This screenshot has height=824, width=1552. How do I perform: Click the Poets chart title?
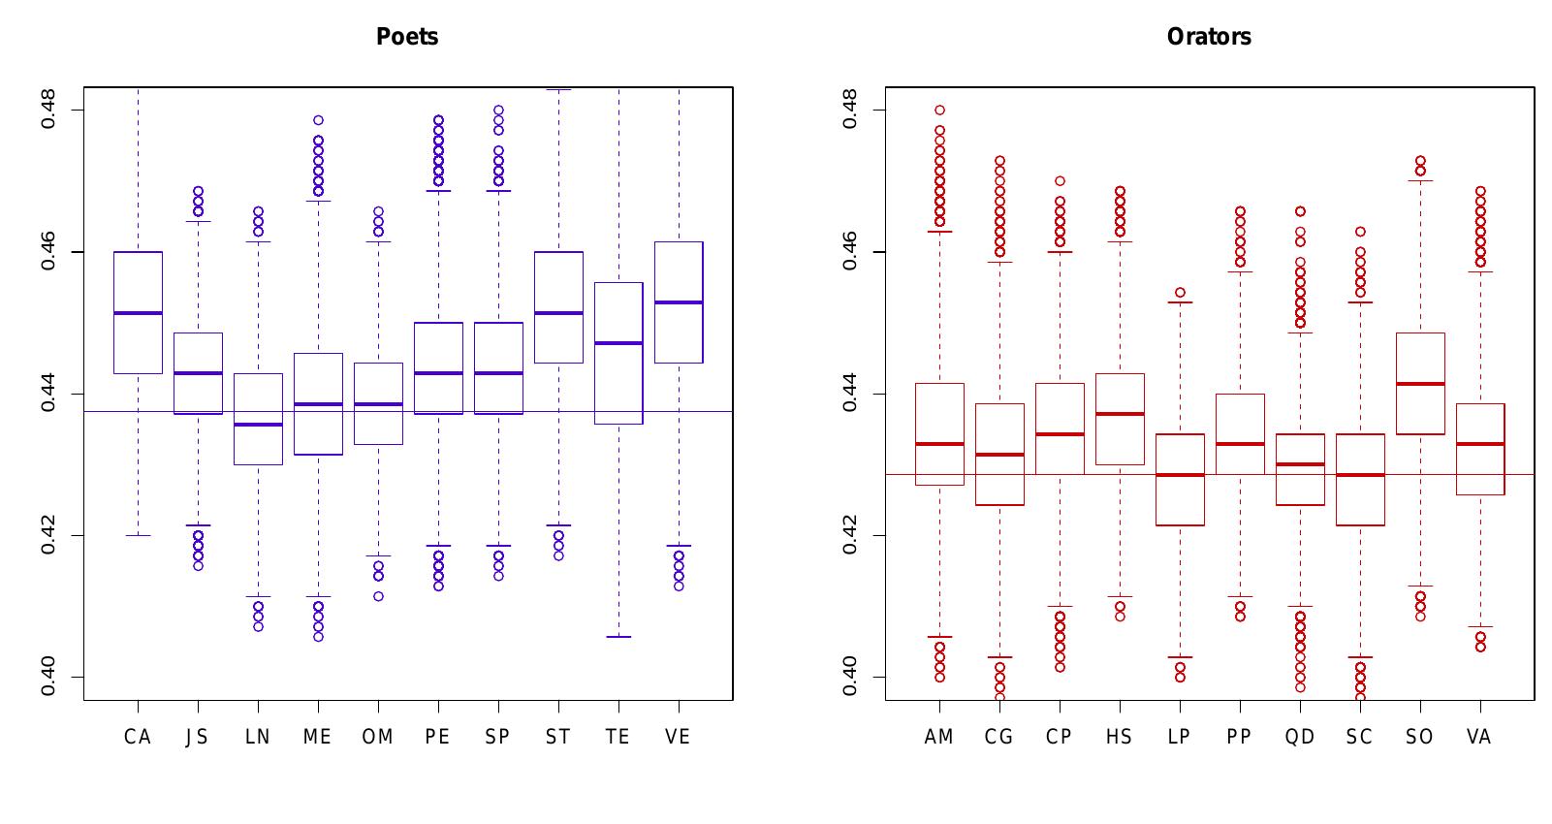(x=407, y=37)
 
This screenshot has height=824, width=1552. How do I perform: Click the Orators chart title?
(x=1209, y=37)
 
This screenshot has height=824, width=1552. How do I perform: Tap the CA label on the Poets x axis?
(x=138, y=737)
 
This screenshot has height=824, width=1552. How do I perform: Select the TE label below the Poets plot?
(x=618, y=737)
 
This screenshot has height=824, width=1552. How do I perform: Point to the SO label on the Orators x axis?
(x=1419, y=737)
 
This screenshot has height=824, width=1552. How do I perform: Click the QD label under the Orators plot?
(x=1299, y=737)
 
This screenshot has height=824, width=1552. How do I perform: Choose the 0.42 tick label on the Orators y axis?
(x=850, y=535)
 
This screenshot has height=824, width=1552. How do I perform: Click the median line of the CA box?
(x=138, y=313)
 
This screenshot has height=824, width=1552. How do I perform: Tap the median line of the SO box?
(x=1420, y=384)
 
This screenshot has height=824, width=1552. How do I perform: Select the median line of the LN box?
(x=258, y=425)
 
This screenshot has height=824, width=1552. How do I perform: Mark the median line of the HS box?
(x=1120, y=414)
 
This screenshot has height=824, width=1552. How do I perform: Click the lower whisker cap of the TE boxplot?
(x=618, y=637)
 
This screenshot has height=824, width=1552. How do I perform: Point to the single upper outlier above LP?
(x=1180, y=292)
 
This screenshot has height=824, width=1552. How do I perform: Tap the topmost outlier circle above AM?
(x=939, y=111)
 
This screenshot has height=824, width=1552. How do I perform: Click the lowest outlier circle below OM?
(x=378, y=596)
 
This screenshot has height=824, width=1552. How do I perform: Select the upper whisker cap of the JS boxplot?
(x=198, y=222)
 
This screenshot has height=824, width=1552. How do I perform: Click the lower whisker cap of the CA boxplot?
(x=138, y=535)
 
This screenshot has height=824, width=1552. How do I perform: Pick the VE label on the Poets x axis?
(x=678, y=737)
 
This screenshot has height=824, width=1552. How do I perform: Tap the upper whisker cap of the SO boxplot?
(x=1420, y=181)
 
